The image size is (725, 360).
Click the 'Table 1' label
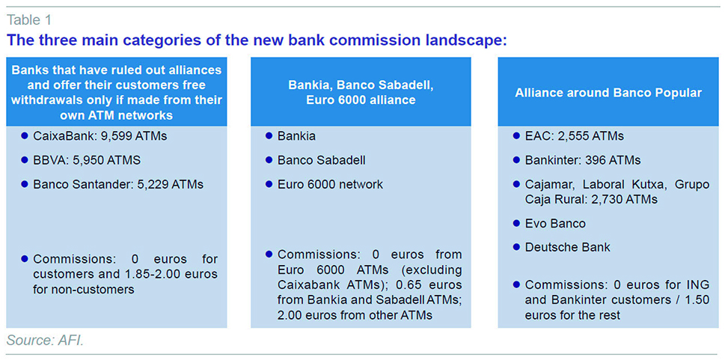click(28, 20)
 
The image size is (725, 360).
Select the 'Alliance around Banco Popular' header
click(608, 93)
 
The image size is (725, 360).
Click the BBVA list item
click(87, 160)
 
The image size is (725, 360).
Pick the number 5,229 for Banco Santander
click(153, 184)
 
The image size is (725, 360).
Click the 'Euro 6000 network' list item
click(330, 184)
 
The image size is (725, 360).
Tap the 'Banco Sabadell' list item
click(321, 160)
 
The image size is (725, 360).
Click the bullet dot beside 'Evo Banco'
click(516, 223)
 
